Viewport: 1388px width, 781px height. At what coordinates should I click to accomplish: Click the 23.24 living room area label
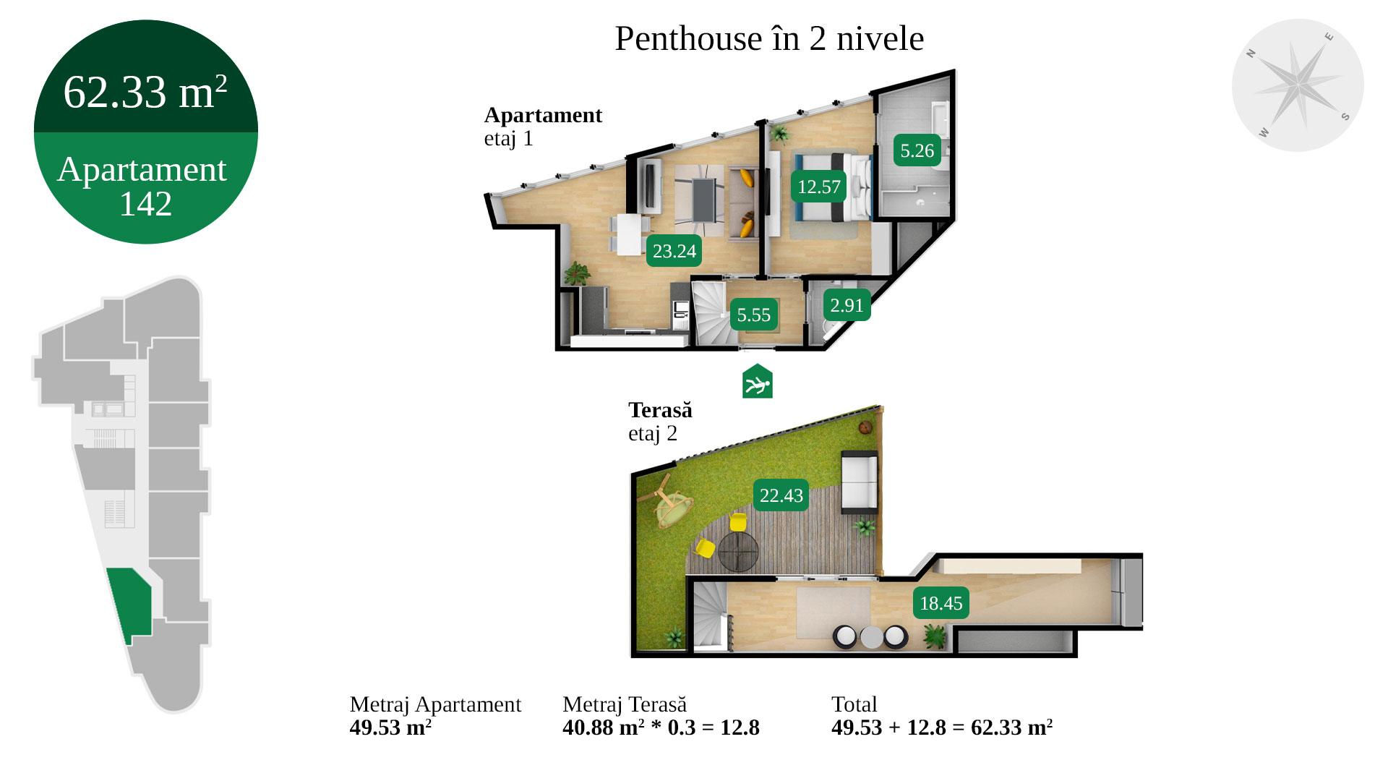(674, 251)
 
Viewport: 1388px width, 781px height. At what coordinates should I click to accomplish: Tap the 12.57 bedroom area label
(819, 187)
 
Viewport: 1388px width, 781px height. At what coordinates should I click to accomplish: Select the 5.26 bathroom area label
(917, 150)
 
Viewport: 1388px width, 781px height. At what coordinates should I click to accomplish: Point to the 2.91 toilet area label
(847, 305)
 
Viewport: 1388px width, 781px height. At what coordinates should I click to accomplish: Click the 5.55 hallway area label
(754, 315)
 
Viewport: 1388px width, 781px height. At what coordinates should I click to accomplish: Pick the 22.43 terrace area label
(781, 495)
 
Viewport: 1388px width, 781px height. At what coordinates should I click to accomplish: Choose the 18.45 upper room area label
(941, 603)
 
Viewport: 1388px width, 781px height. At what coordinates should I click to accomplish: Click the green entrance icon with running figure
(758, 381)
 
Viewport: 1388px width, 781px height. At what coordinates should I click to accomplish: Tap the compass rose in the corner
(1298, 85)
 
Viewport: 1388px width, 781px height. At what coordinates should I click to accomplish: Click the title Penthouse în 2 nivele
(769, 38)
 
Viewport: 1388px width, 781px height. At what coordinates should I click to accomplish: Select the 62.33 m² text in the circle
(145, 92)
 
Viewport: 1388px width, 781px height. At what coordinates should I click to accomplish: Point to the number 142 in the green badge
(145, 204)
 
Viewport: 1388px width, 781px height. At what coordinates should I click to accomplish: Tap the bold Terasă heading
(660, 410)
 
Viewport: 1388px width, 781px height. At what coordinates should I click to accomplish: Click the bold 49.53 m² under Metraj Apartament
(390, 727)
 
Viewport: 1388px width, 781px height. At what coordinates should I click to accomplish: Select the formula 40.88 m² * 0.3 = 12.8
(661, 727)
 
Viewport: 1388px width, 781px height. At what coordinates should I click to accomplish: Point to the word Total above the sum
(854, 704)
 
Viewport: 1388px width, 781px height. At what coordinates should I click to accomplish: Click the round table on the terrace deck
(738, 552)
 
